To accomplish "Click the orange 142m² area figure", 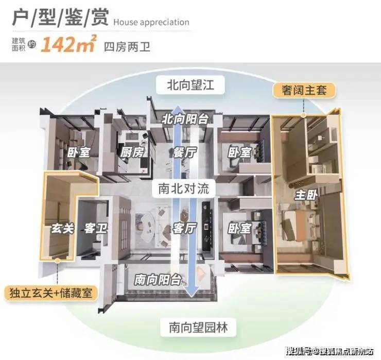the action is click(69, 44).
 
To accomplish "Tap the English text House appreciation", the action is click(151, 22).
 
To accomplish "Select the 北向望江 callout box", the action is click(190, 85).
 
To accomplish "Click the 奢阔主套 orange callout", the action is click(304, 91).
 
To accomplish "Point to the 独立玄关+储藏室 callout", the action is click(51, 293).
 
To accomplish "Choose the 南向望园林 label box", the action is click(198, 327).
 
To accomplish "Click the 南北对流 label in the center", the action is click(183, 188).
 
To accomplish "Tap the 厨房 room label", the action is click(132, 152).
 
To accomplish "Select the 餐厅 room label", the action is click(184, 152).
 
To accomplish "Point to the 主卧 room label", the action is click(306, 195).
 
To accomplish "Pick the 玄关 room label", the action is click(62, 229).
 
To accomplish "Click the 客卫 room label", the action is click(95, 229).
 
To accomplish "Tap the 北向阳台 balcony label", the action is click(185, 119).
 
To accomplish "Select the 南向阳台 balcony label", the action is click(158, 280).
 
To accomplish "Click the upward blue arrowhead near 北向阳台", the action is click(178, 109).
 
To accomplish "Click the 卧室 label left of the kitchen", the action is click(78, 152).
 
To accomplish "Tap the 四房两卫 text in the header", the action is click(127, 47).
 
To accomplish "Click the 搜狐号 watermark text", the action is click(299, 351).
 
